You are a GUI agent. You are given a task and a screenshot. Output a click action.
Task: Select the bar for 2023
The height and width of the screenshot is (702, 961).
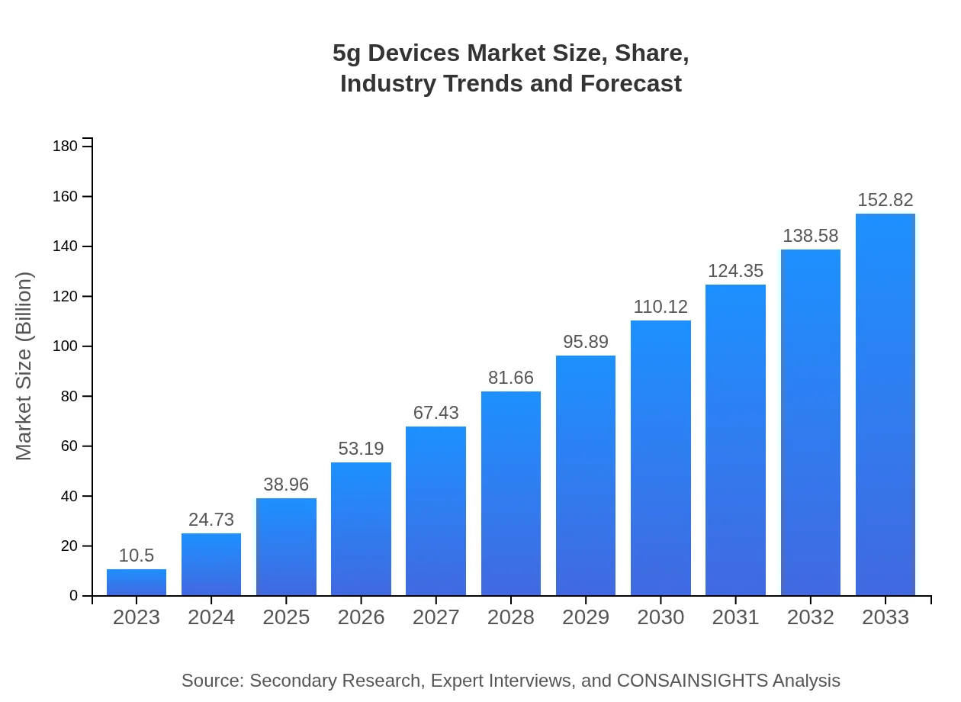(x=137, y=582)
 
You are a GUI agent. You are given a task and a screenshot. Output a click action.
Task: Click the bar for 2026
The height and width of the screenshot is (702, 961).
(x=361, y=529)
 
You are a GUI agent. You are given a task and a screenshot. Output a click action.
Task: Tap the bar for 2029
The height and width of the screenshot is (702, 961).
(x=586, y=475)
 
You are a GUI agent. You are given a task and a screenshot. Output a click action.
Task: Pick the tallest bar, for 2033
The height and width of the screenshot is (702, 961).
(x=885, y=404)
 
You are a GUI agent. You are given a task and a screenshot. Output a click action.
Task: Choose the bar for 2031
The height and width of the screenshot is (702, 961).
(x=735, y=440)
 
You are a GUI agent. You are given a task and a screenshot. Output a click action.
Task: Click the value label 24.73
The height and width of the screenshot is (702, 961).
(x=211, y=520)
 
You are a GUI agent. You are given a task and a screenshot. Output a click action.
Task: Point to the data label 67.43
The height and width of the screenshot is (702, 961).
(x=436, y=413)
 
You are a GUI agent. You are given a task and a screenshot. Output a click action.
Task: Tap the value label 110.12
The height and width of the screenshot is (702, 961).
(x=660, y=307)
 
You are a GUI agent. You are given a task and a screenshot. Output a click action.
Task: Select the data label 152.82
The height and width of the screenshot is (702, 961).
(x=885, y=200)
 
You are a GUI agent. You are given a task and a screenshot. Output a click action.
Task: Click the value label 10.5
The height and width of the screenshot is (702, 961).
(x=137, y=555)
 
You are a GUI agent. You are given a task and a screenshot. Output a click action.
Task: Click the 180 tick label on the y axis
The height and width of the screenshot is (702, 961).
(x=66, y=146)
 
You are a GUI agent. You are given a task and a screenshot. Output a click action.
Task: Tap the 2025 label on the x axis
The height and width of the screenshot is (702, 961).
(x=286, y=617)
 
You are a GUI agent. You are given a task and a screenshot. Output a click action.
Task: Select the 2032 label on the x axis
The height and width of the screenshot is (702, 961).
(x=810, y=617)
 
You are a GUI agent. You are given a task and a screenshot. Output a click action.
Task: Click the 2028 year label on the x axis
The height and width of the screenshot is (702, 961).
(x=511, y=617)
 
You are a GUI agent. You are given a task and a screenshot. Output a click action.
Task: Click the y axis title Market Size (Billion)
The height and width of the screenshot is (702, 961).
(x=24, y=366)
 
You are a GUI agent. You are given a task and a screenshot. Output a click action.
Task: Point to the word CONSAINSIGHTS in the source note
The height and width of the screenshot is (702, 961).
(x=691, y=681)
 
